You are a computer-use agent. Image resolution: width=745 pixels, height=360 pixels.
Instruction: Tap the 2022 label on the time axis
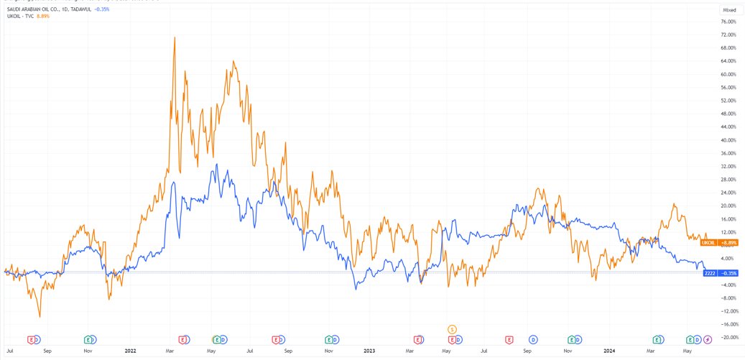tap(130, 351)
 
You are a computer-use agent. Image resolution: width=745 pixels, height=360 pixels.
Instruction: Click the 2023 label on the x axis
tap(369, 351)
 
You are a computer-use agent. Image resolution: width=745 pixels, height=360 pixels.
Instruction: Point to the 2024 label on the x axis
tap(609, 351)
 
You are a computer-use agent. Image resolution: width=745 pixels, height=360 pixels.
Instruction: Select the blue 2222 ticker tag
tap(710, 273)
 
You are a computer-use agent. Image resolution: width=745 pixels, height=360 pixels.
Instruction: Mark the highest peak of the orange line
tap(175, 37)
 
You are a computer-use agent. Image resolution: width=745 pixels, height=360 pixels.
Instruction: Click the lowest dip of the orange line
tap(40, 316)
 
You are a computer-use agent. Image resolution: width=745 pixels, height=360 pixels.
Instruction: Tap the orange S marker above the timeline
tap(452, 328)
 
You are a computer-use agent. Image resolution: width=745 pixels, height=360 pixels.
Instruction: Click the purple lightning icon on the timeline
tap(708, 338)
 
